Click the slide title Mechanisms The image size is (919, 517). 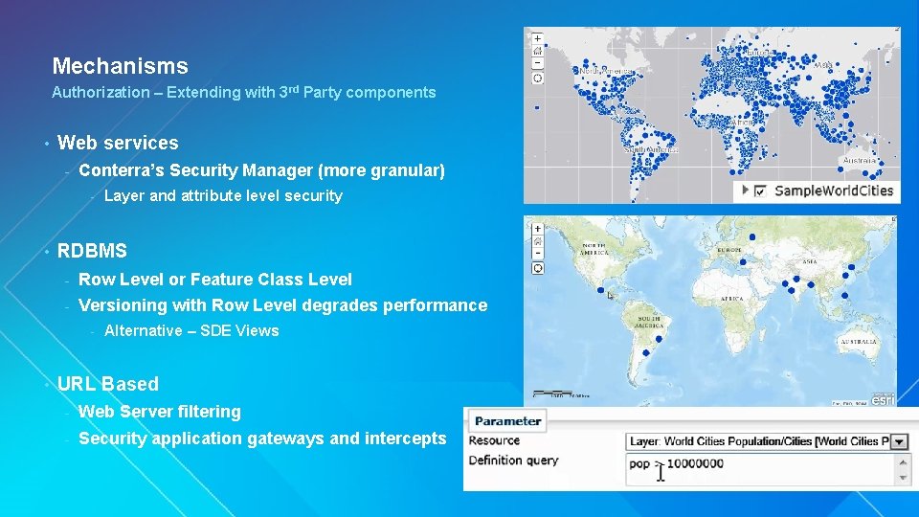pyautogui.click(x=120, y=66)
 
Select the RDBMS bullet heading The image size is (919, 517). pyautogui.click(x=92, y=251)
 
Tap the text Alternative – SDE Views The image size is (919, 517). pyautogui.click(x=191, y=331)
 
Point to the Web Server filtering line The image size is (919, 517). pyautogui.click(x=159, y=412)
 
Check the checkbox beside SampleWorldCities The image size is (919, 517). pyautogui.click(x=760, y=191)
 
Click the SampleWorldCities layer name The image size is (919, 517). pyautogui.click(x=833, y=191)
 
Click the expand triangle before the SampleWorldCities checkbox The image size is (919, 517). pyautogui.click(x=745, y=191)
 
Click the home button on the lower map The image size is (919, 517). pyautogui.click(x=537, y=241)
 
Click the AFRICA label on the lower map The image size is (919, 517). pyautogui.click(x=731, y=298)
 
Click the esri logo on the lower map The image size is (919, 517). pyautogui.click(x=883, y=399)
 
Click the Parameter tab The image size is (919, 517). pyautogui.click(x=507, y=420)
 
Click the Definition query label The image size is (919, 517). pyautogui.click(x=513, y=461)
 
